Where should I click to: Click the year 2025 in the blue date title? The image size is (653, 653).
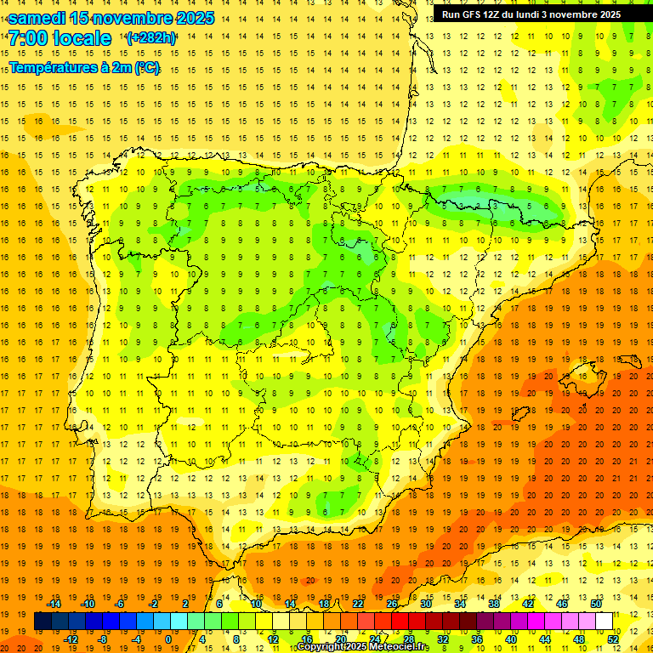190,18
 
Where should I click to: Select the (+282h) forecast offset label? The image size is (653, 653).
150,38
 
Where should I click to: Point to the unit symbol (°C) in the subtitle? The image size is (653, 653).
145,67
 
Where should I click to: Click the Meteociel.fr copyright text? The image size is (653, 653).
363,647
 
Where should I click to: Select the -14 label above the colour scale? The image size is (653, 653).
54,604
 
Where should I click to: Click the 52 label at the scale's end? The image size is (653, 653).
614,639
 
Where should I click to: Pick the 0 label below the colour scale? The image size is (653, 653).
169,639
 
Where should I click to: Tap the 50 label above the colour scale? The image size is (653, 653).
595,604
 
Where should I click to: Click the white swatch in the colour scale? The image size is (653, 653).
604,622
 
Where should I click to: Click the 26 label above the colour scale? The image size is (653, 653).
392,604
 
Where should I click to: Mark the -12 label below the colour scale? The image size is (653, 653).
71,639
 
